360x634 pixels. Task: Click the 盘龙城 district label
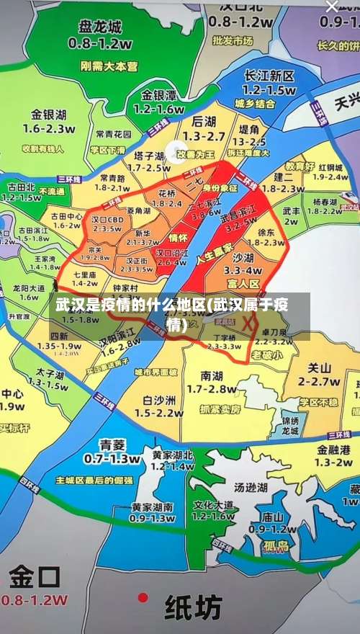tap(101, 27)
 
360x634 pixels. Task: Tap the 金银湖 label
tap(48, 114)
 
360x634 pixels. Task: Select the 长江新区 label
tap(269, 76)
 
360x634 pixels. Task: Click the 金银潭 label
tap(159, 96)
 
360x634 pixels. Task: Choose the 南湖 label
tap(212, 375)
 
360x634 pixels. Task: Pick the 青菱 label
tap(112, 444)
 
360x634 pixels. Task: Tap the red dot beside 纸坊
tap(143, 597)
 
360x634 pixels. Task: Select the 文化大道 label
tap(214, 504)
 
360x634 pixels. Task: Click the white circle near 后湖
tap(175, 151)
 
